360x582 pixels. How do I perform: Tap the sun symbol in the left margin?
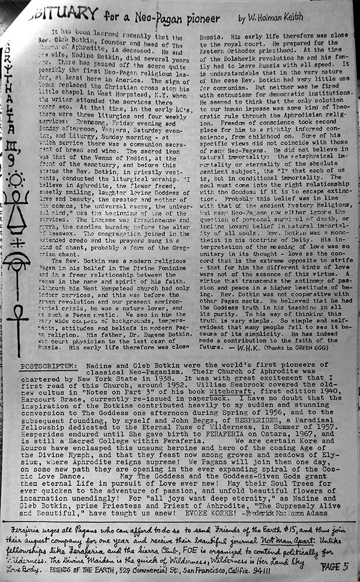click(x=14, y=178)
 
